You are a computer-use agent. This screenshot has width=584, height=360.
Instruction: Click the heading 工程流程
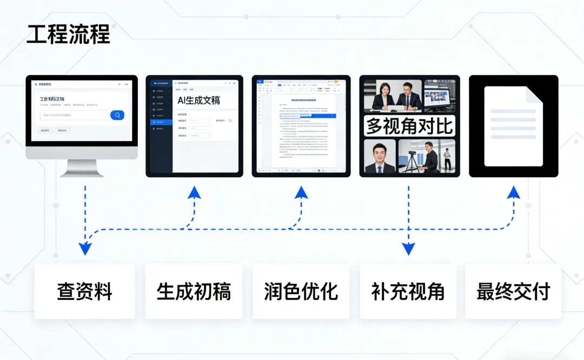(x=68, y=35)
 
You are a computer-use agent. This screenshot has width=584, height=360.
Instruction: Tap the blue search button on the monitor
(x=117, y=115)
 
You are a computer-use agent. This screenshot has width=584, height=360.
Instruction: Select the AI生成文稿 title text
(x=198, y=100)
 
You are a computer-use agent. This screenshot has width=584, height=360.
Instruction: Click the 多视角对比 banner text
(x=409, y=125)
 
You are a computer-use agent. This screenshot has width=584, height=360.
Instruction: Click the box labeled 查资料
(x=84, y=292)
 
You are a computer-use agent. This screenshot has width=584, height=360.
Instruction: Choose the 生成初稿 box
(x=194, y=292)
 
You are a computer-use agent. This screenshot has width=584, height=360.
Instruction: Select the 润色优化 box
(x=301, y=292)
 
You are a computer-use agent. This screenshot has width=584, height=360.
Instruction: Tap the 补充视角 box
(x=408, y=292)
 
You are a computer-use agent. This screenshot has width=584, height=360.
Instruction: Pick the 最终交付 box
(x=513, y=292)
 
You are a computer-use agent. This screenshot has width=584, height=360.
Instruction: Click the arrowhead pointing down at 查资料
(x=85, y=249)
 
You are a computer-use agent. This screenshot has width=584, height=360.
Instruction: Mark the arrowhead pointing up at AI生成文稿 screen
(x=194, y=193)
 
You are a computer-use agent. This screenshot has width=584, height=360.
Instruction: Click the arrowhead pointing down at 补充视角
(x=408, y=249)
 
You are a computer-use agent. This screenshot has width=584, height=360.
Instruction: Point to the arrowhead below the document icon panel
(x=514, y=193)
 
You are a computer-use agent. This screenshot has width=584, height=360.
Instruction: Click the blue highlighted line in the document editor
(x=317, y=115)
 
